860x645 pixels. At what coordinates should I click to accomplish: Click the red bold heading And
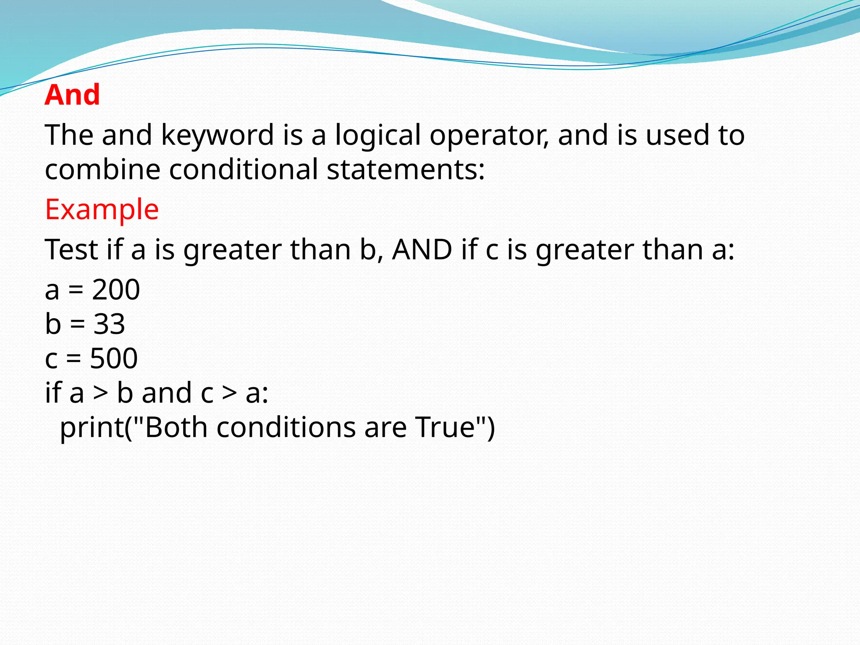click(72, 95)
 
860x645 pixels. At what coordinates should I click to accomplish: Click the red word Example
click(102, 209)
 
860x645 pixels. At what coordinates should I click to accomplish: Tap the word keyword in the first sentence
click(217, 135)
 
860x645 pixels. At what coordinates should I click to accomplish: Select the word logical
click(378, 135)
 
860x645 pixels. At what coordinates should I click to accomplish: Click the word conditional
click(243, 170)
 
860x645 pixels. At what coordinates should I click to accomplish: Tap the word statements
click(405, 170)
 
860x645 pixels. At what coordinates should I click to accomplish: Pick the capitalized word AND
click(422, 249)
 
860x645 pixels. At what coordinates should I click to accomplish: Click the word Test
click(71, 249)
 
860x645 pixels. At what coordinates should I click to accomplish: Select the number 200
click(116, 290)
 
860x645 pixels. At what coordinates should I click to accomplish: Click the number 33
click(109, 324)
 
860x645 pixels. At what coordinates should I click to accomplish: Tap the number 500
click(114, 359)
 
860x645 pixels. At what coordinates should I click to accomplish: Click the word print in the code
click(92, 427)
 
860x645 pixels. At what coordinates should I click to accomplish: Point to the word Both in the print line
click(176, 427)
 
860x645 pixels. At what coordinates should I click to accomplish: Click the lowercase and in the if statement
click(167, 393)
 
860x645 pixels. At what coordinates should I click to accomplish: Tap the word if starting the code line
click(53, 393)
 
